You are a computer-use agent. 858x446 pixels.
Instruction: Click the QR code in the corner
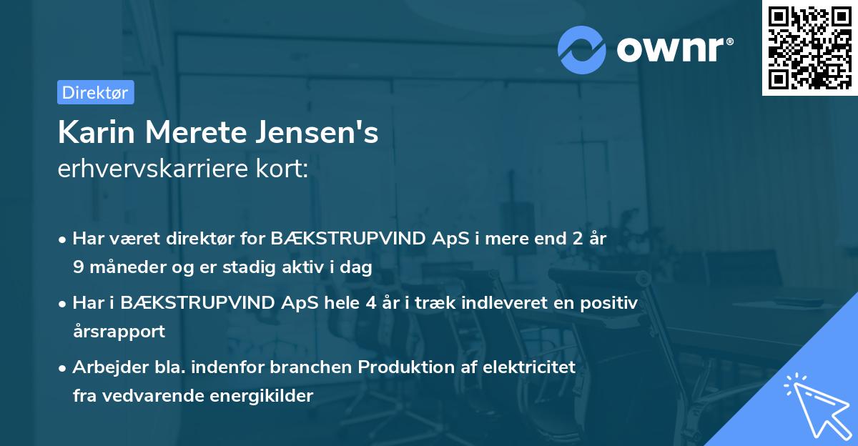tap(809, 48)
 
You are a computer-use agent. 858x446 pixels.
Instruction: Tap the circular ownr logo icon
tap(582, 49)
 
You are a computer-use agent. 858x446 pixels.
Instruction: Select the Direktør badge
tap(95, 92)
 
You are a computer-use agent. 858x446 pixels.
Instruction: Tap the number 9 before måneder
tap(77, 267)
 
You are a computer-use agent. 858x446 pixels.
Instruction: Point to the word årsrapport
tap(119, 331)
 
